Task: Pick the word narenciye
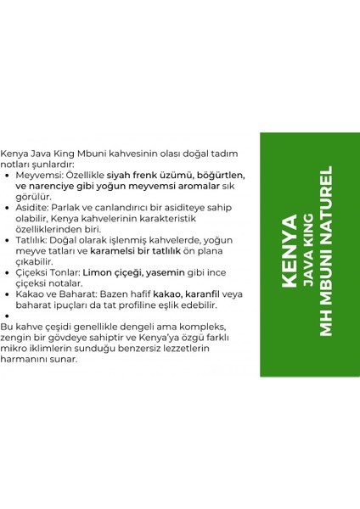(59, 186)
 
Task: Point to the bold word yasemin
(173, 273)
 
